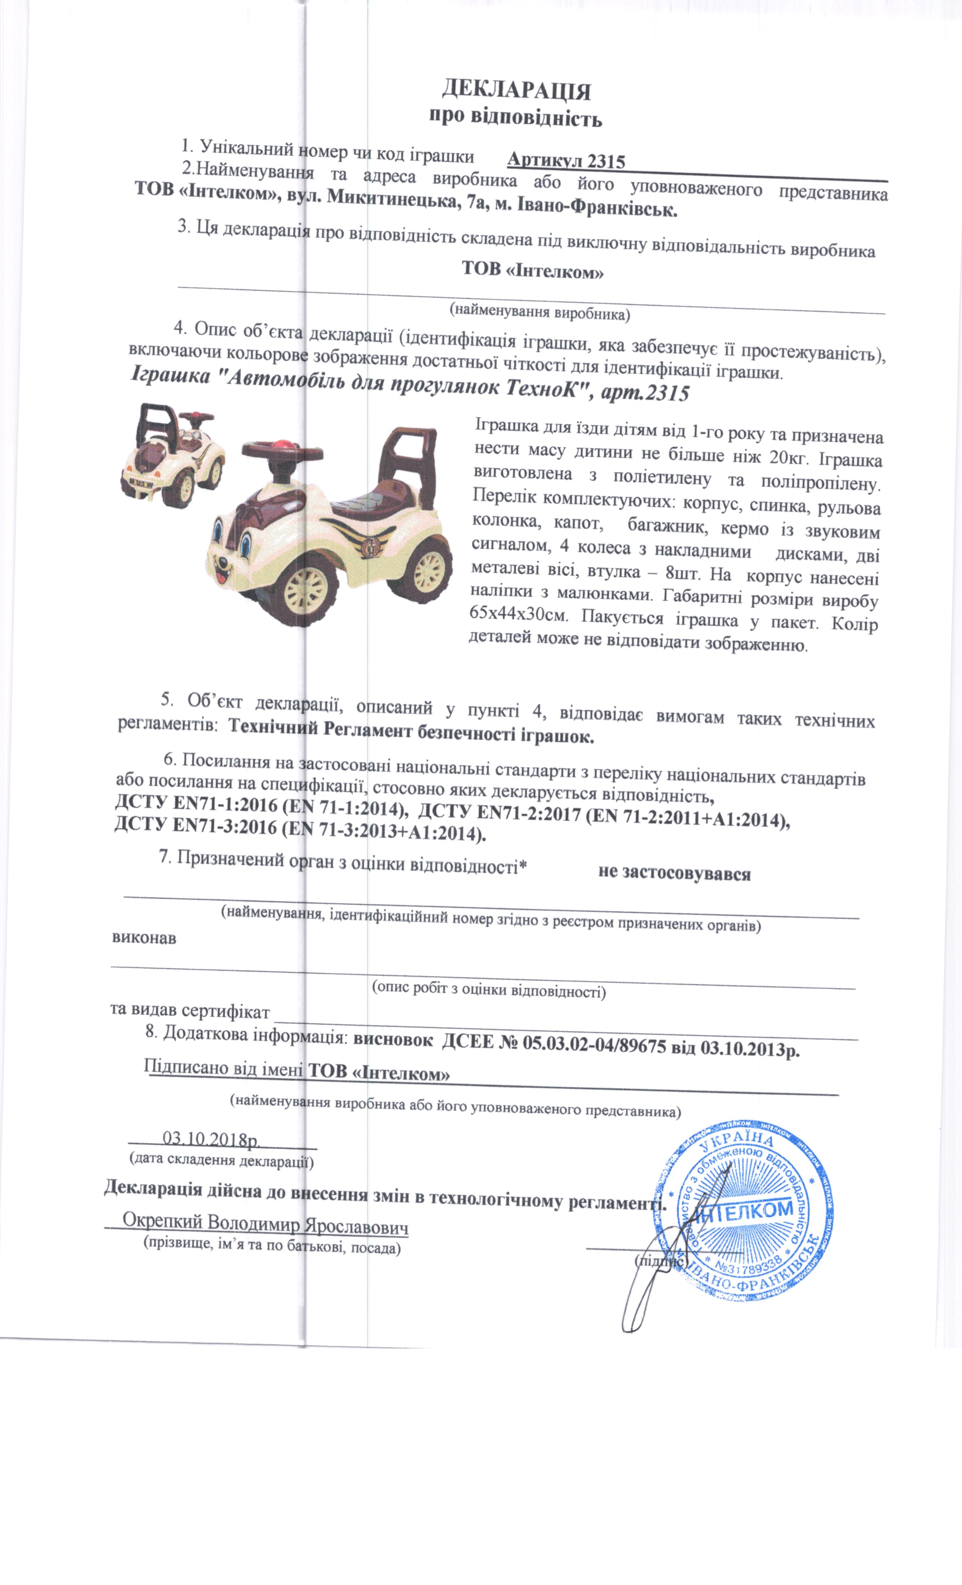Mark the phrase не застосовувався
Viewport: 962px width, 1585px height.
tap(674, 873)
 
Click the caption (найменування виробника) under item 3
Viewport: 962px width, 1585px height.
tap(539, 312)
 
